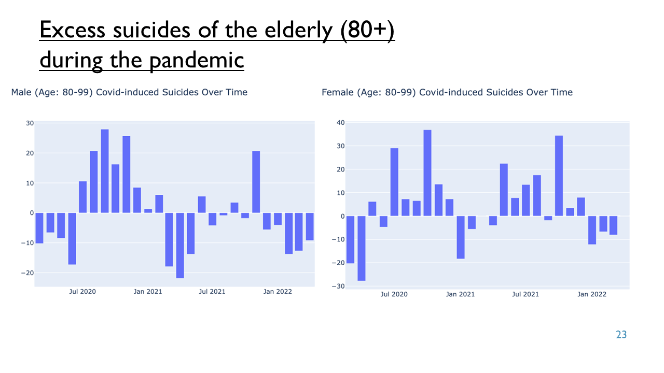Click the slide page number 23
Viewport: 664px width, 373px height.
coord(621,335)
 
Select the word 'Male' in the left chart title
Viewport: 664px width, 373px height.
coord(21,92)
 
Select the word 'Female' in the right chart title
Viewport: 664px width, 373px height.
coord(337,92)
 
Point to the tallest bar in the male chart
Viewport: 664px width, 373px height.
coord(105,171)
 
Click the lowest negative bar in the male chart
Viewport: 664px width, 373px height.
coord(180,246)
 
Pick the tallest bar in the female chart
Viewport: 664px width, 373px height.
coord(427,173)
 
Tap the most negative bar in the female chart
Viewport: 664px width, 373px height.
coord(362,248)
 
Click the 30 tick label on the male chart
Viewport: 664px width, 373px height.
coord(30,123)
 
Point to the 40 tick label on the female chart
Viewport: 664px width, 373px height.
coord(341,123)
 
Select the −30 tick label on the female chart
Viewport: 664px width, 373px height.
coord(338,286)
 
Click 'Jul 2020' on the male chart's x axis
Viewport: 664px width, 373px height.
coord(82,292)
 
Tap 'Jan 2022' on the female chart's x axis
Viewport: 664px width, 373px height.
coord(592,294)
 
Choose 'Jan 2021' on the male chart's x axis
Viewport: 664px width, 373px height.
coord(148,292)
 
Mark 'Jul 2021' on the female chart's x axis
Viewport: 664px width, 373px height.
coord(525,294)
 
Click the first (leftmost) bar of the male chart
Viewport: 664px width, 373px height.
coord(39,228)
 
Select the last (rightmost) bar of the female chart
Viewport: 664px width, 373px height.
coord(613,225)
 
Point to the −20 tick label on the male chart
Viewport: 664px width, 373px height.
coord(27,273)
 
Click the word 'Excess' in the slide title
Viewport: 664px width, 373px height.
coord(72,30)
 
